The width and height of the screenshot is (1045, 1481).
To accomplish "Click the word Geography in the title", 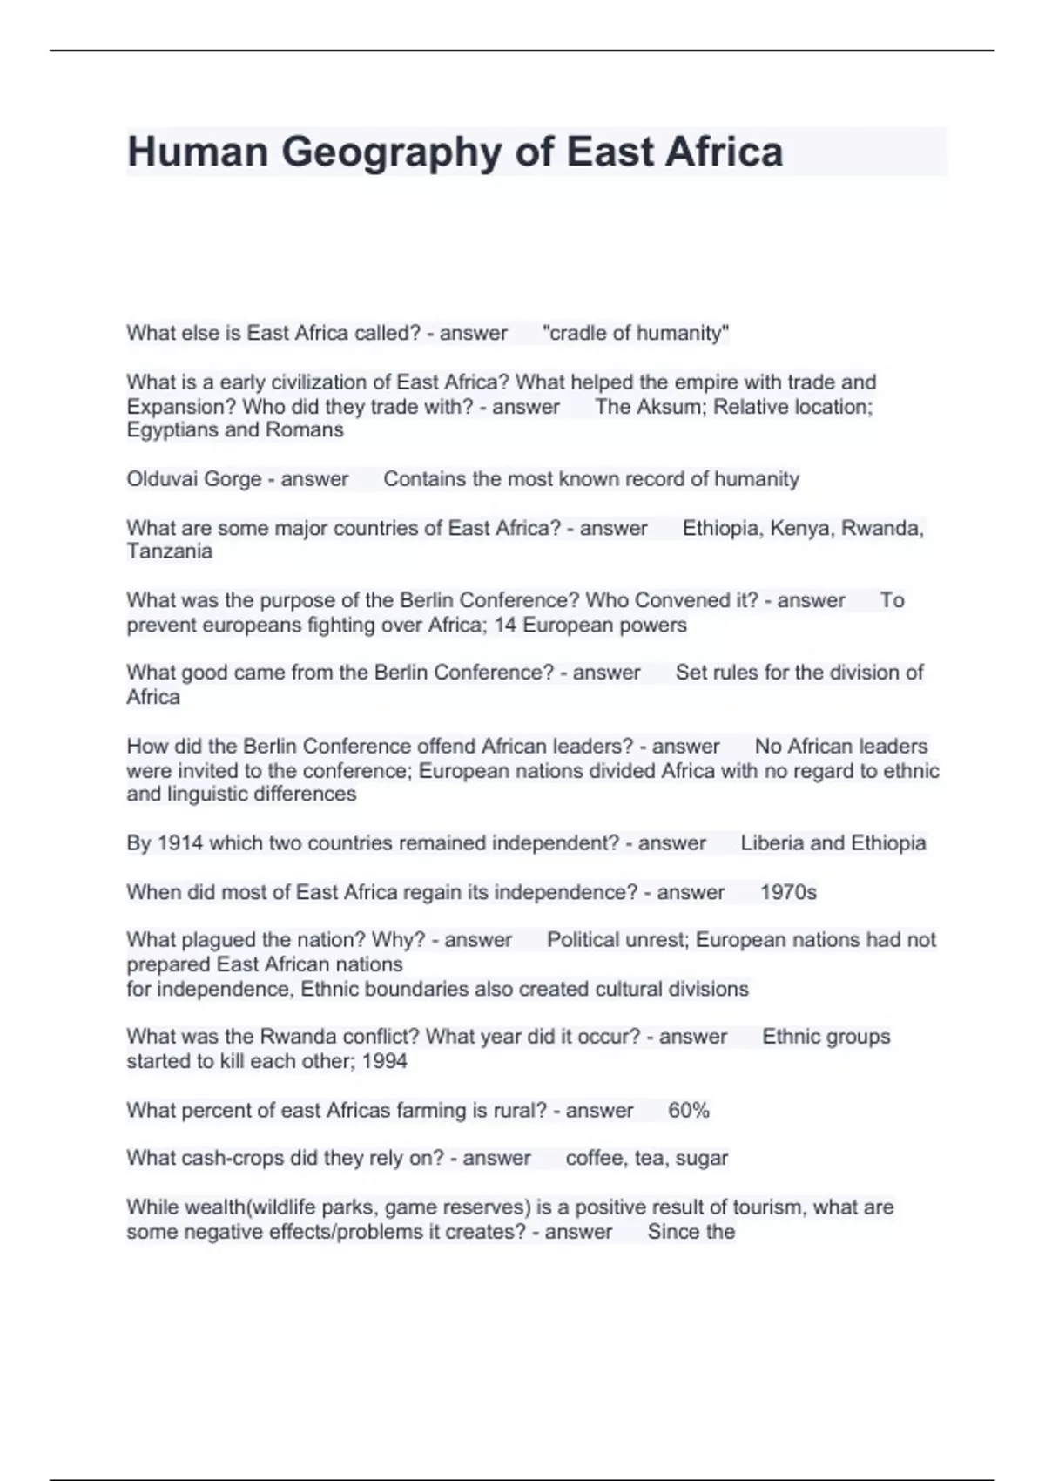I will click(391, 152).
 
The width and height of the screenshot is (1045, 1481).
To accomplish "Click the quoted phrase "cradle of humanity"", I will click(636, 333).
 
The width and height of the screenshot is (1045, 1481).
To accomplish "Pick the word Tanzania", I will click(169, 551).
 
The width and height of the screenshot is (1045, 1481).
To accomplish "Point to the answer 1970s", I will click(788, 892).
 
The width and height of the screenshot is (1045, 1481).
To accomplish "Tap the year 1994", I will click(385, 1061).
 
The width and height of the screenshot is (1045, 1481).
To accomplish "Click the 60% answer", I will click(688, 1111).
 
